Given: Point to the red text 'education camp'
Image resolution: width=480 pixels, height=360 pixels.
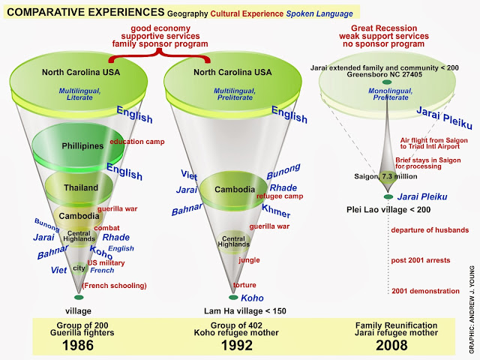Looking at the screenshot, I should (x=137, y=141).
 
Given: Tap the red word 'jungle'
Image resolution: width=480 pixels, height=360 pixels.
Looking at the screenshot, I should (x=249, y=259).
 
